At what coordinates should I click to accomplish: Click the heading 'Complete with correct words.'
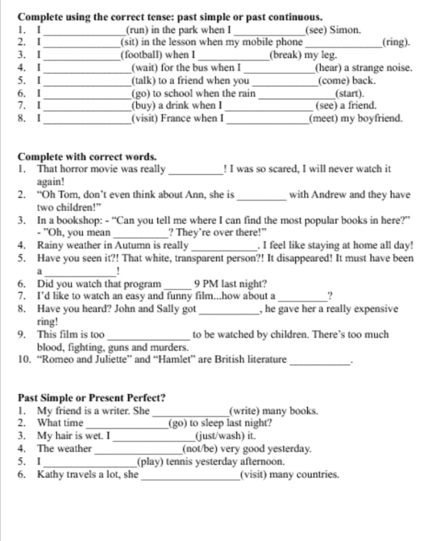(87, 157)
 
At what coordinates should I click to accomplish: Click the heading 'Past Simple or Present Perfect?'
(91, 398)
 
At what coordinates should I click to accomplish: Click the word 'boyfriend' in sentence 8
(380, 118)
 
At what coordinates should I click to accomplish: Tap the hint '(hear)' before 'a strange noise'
(328, 68)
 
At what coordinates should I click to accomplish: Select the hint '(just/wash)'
(225, 436)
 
